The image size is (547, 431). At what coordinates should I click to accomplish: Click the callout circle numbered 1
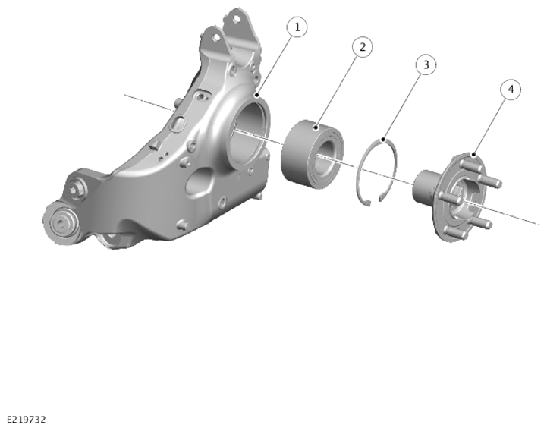click(297, 27)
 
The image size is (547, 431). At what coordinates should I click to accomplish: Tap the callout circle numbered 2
click(363, 47)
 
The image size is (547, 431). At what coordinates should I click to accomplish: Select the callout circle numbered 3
click(426, 64)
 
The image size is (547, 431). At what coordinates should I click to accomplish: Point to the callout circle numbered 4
click(511, 90)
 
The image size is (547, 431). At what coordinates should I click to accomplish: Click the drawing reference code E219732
click(26, 420)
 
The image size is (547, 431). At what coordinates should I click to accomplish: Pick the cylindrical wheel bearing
click(312, 154)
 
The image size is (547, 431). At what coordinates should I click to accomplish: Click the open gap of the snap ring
click(373, 201)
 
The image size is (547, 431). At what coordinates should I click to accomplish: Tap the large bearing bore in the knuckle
click(248, 132)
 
